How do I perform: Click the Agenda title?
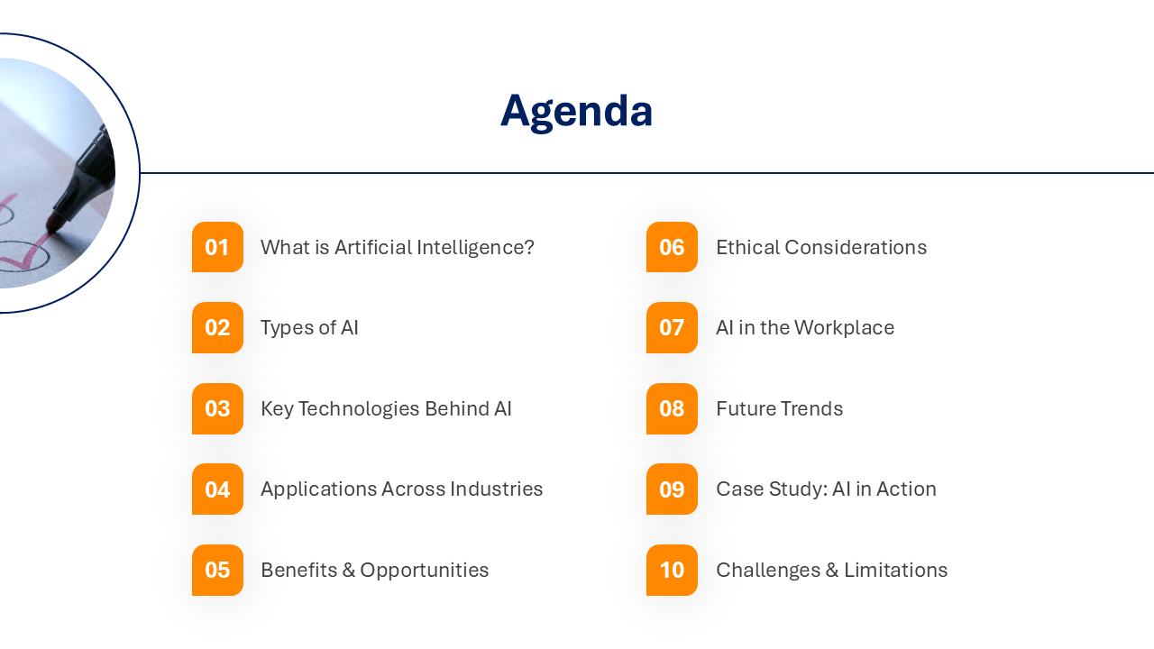click(x=576, y=111)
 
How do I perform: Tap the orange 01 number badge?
click(x=217, y=247)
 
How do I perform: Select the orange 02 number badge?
click(x=217, y=327)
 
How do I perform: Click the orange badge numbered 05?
click(x=217, y=570)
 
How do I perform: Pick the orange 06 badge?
click(x=672, y=247)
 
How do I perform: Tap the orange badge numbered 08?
click(x=672, y=408)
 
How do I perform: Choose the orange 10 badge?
click(x=672, y=570)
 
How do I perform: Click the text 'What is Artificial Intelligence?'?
click(x=397, y=247)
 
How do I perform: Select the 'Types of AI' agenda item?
click(x=309, y=327)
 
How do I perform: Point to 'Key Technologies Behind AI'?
click(x=386, y=408)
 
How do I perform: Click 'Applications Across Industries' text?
click(x=401, y=489)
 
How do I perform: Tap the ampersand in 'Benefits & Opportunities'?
click(x=349, y=570)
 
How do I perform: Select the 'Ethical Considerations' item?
click(x=820, y=247)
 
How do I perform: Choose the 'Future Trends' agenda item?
click(x=779, y=408)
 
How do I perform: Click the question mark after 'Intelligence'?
click(x=529, y=247)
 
